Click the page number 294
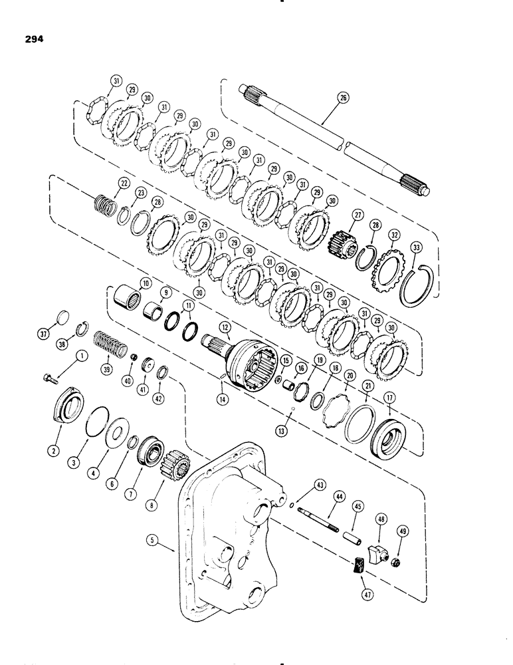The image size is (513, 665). coord(31,39)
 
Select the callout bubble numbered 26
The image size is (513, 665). coord(342,98)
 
